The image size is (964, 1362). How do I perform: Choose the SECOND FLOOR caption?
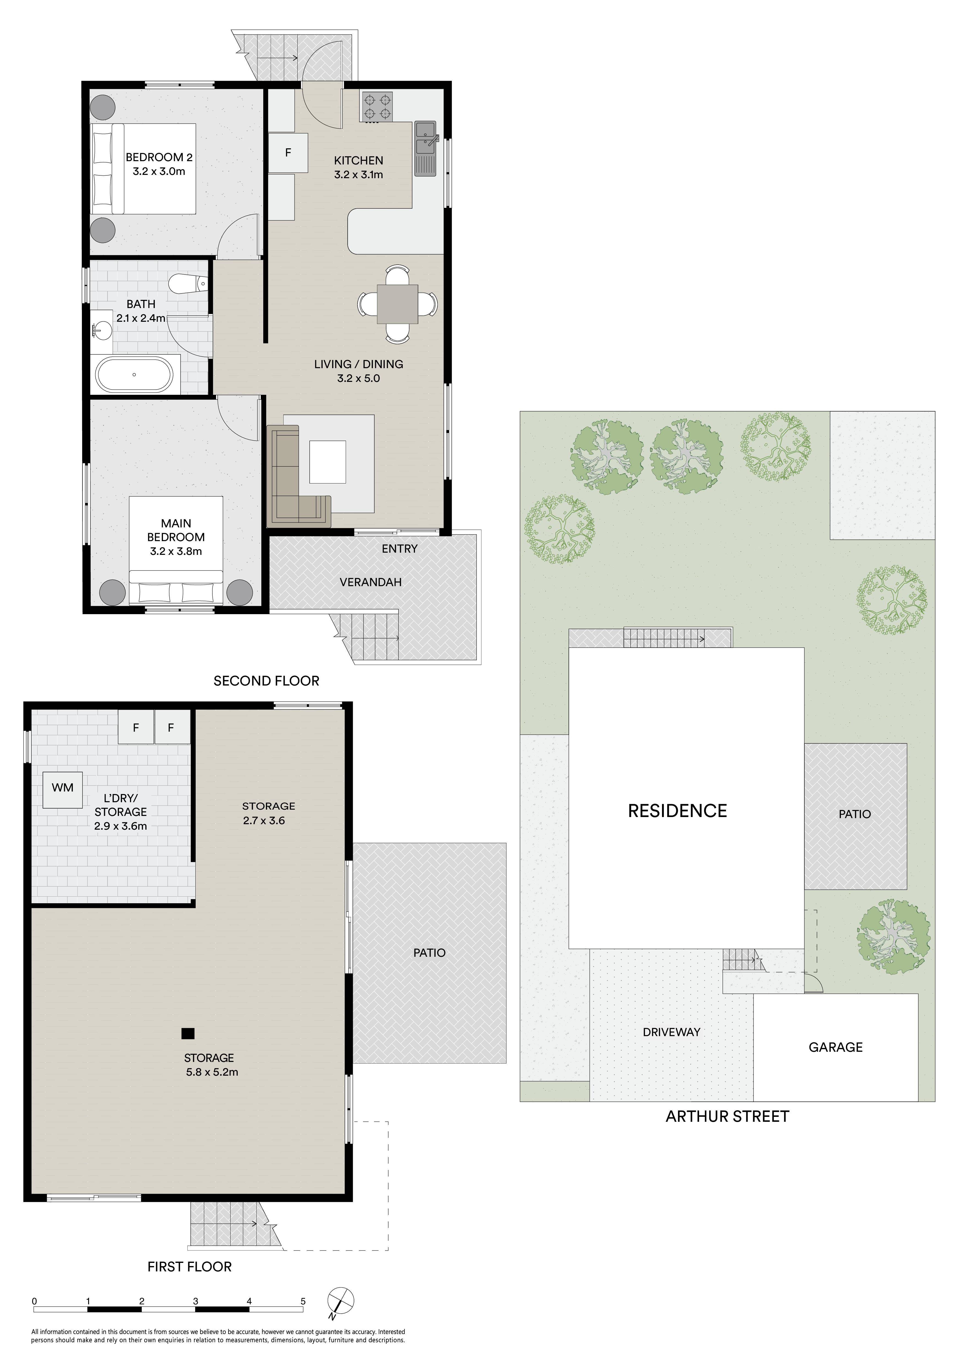point(267,681)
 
